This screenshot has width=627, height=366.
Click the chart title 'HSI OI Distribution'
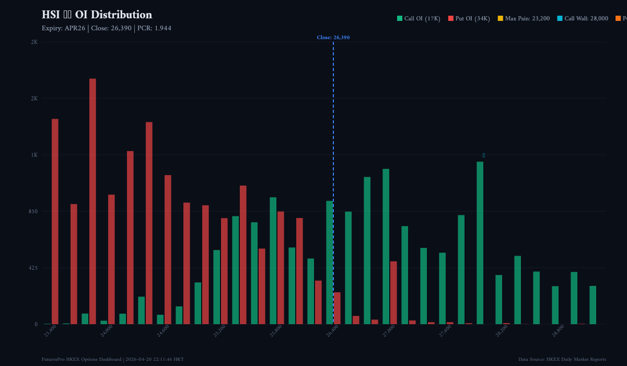[97, 15]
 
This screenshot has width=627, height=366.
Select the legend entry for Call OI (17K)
[419, 19]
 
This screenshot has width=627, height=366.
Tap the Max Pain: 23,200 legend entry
[524, 19]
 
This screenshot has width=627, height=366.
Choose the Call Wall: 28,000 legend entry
[582, 19]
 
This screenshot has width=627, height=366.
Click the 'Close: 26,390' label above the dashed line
[333, 38]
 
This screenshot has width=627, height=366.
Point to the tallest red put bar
[92, 201]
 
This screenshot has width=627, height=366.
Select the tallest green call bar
[480, 243]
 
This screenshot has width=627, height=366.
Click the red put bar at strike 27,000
[393, 293]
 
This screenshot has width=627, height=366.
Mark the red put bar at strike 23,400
[55, 221]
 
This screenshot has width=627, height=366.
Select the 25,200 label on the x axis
[219, 331]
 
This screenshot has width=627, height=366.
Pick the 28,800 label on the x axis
[558, 331]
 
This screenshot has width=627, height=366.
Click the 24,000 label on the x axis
[107, 331]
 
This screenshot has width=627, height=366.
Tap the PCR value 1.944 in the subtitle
[162, 28]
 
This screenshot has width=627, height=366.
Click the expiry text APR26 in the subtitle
[75, 28]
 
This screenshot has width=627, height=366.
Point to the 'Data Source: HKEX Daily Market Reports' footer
[562, 359]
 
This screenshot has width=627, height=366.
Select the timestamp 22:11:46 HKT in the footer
[168, 359]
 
